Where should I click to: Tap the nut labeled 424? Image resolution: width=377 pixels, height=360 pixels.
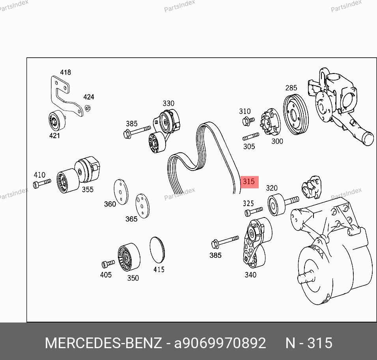pos(88,108)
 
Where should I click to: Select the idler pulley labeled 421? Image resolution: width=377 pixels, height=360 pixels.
pos(57,121)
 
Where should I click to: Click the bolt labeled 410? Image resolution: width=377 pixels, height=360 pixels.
pos(42,184)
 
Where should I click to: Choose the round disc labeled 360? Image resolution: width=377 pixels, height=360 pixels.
pos(121,192)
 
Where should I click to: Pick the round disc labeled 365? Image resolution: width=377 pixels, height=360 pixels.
pos(142,206)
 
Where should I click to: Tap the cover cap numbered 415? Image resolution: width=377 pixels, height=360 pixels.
pos(157,249)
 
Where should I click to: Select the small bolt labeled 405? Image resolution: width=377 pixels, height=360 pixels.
pos(108,264)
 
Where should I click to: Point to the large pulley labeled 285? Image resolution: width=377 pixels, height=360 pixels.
pos(295,115)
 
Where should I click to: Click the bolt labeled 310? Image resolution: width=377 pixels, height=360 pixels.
pos(248,121)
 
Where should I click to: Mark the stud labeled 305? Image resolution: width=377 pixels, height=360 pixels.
pos(251,137)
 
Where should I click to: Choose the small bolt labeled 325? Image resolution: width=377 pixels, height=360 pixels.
pos(254,212)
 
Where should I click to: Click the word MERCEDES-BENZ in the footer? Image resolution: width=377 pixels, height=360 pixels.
pos(103,343)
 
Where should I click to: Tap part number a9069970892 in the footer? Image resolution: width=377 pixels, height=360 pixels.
pos(220,343)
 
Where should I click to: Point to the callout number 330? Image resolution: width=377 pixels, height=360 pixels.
pos(168,103)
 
